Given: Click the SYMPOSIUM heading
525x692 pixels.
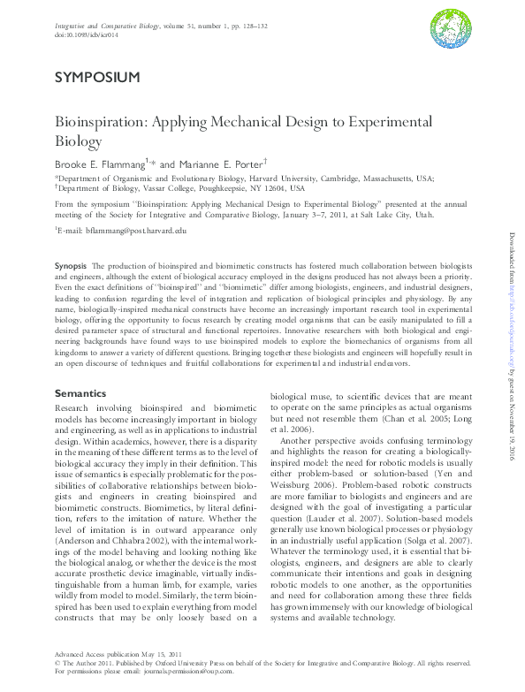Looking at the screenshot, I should (x=96, y=78).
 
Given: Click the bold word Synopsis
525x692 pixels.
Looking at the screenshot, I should (x=71, y=266).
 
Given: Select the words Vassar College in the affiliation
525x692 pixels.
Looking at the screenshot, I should (x=168, y=188).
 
